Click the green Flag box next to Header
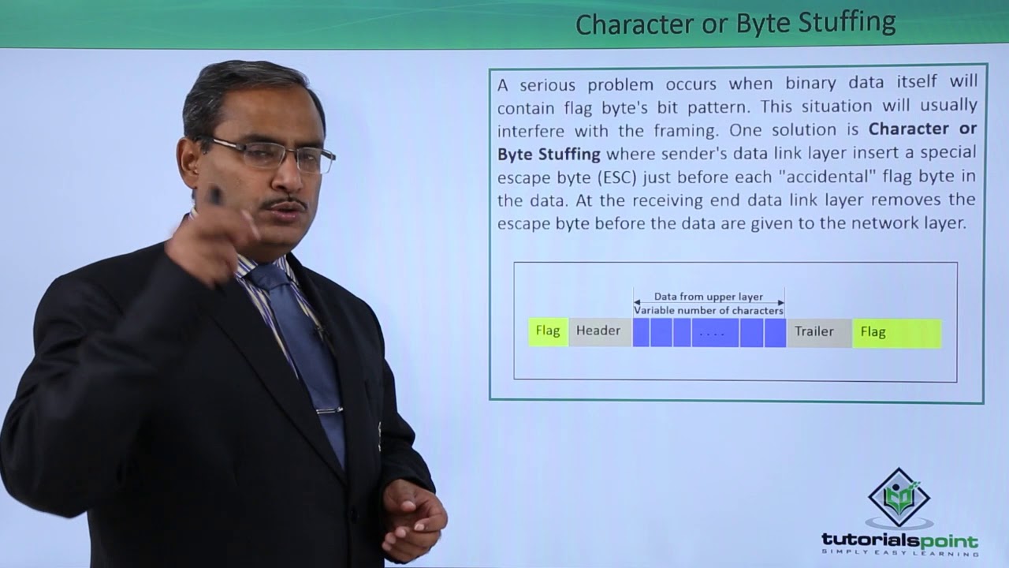tap(548, 331)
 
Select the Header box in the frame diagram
tap(598, 331)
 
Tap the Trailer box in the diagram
tap(814, 331)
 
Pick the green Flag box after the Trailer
tap(896, 332)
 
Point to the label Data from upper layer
tap(709, 297)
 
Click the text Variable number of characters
tap(709, 311)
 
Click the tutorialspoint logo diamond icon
tap(899, 497)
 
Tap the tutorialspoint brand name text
tap(899, 541)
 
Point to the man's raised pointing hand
tap(209, 237)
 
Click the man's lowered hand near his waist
tap(414, 517)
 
